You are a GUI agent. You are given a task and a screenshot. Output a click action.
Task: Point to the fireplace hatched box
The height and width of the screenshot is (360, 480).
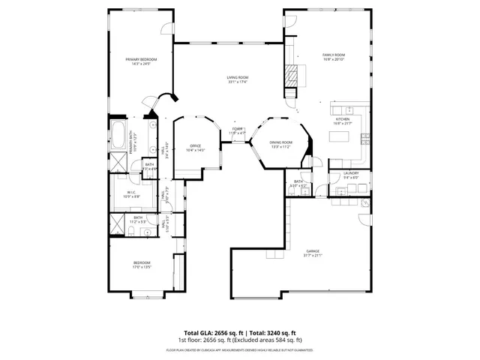(291, 74)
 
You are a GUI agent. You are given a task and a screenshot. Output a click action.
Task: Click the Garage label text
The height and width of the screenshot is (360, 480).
(313, 253)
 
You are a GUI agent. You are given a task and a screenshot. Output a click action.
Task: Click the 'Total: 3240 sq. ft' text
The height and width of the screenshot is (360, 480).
(271, 332)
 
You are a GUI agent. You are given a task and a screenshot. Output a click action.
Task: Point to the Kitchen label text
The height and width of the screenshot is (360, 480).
(342, 121)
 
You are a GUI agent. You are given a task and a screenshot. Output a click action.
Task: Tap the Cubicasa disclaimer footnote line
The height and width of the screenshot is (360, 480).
(240, 349)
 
